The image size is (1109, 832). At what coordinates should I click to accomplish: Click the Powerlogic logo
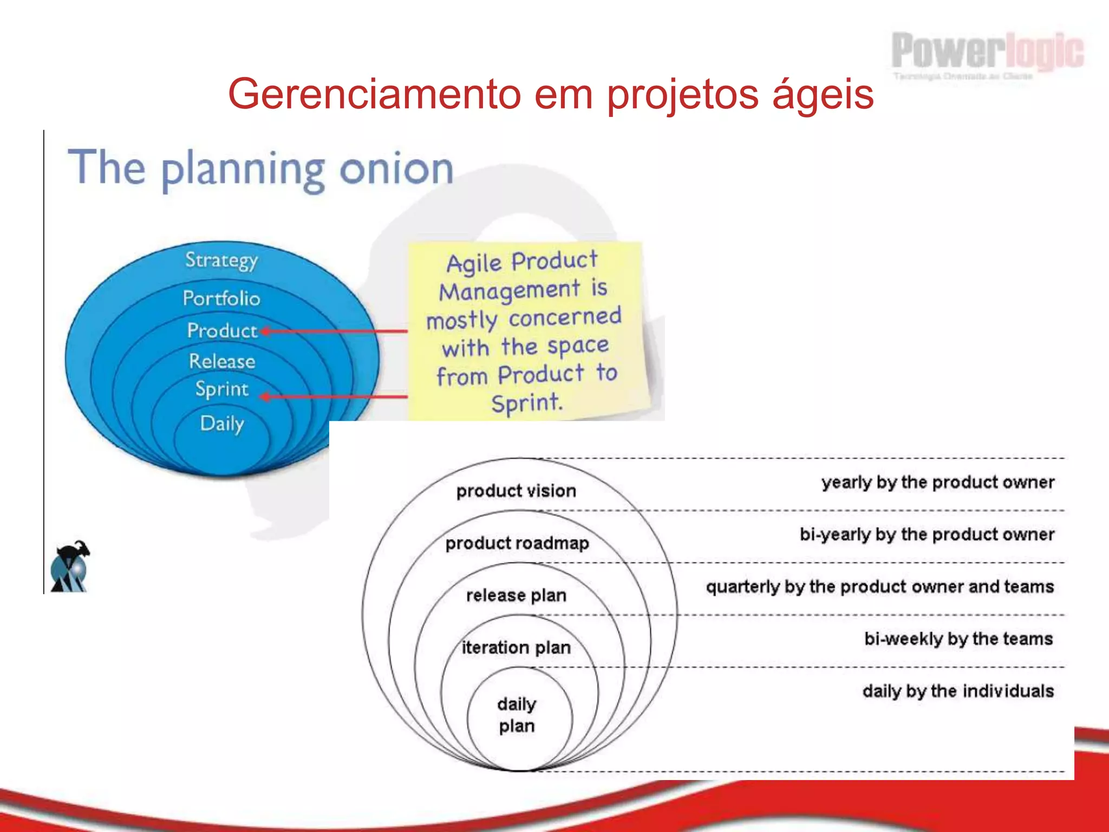987,54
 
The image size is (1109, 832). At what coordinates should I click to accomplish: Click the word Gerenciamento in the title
374,94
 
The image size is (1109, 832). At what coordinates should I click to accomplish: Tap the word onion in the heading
396,168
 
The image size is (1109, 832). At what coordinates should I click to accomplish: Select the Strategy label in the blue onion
221,261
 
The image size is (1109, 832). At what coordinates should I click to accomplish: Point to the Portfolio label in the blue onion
221,298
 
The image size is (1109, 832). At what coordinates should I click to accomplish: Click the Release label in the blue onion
222,361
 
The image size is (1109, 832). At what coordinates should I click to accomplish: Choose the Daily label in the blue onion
222,424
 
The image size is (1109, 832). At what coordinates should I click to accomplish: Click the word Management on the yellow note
509,291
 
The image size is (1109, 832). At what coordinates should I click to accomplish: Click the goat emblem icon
70,567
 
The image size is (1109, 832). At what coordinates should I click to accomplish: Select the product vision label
516,491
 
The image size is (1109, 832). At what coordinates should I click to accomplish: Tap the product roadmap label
517,543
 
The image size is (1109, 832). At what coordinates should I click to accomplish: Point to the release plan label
516,595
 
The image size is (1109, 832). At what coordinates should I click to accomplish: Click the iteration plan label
516,648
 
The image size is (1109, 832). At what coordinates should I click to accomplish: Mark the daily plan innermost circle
517,715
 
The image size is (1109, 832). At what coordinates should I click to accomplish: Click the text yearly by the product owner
938,483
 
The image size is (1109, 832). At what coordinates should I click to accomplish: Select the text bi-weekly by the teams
958,639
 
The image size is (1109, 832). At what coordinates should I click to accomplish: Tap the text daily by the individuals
958,691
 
